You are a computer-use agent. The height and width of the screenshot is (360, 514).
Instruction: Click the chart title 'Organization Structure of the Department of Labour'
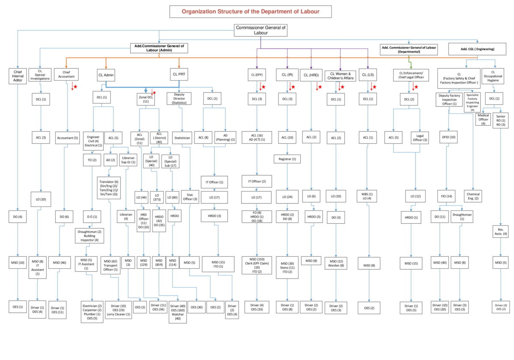[x=250, y=11]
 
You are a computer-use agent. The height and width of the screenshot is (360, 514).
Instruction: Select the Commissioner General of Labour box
[x=260, y=30]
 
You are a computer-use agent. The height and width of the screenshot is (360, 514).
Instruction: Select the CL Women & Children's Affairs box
[x=340, y=76]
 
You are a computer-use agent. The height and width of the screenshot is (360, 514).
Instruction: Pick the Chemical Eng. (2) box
[x=472, y=196]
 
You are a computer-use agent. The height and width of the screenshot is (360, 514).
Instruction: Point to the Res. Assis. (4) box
[x=500, y=231]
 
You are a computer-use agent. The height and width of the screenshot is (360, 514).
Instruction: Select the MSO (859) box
[x=159, y=263]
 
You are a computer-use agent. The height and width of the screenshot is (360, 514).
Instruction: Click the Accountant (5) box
[x=67, y=138]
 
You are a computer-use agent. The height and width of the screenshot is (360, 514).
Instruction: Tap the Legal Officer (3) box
[x=419, y=138]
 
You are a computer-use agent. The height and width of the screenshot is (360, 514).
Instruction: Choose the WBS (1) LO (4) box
[x=367, y=196]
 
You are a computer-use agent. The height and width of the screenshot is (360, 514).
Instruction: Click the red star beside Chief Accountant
[x=75, y=87]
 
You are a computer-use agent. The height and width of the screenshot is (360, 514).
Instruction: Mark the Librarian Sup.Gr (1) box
[x=127, y=159]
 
